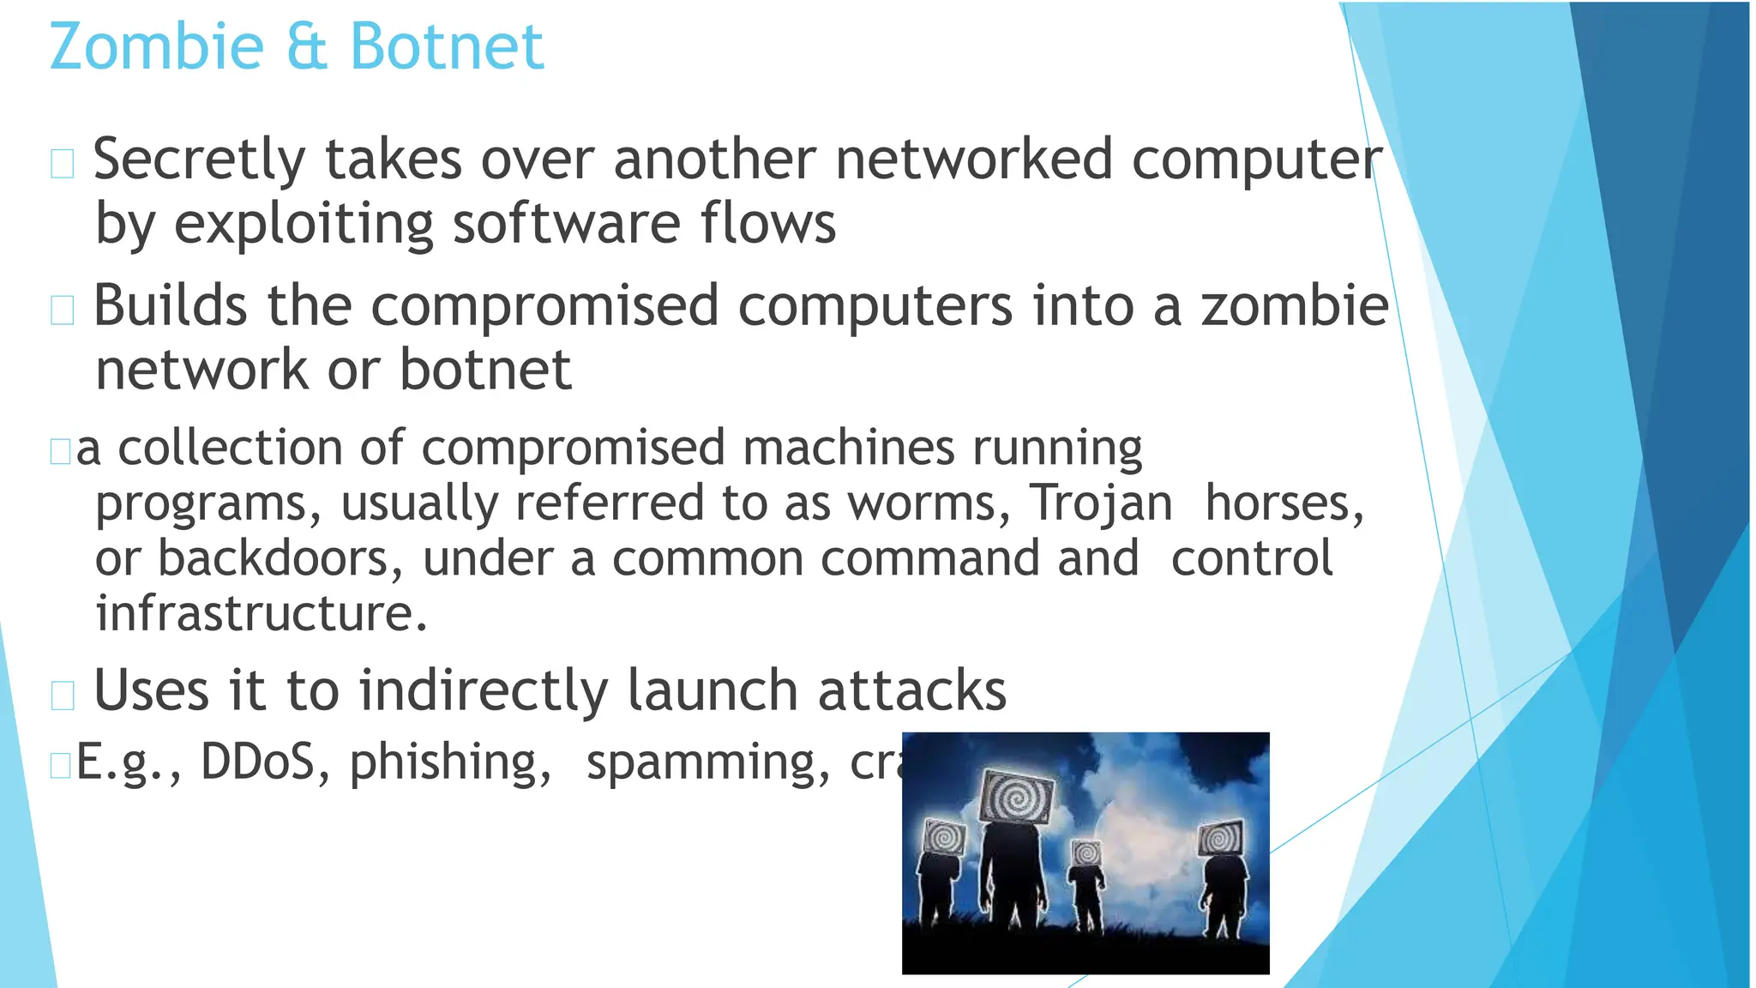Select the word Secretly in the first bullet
[x=199, y=160]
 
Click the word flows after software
[x=767, y=224]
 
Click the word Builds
[x=170, y=306]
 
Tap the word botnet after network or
[x=485, y=370]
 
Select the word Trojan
[x=1100, y=503]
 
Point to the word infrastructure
[x=261, y=614]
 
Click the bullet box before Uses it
[x=63, y=695]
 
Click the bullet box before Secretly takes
[x=63, y=163]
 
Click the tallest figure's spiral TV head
[x=1017, y=798]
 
